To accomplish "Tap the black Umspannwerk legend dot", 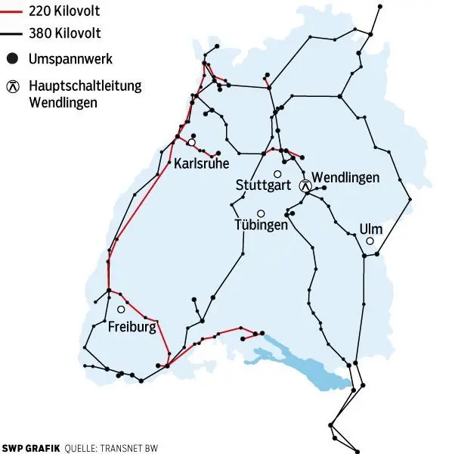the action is click(x=11, y=58).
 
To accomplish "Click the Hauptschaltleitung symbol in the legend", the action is click(x=11, y=86).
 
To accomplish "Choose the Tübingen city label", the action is click(x=262, y=225).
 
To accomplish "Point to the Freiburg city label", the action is click(x=132, y=327).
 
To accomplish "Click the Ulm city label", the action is click(x=371, y=229).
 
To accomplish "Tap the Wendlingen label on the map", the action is click(x=345, y=177).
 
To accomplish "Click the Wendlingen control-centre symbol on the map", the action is click(x=305, y=185).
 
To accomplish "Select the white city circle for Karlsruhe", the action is click(x=191, y=142).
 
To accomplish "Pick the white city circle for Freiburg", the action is click(x=121, y=309).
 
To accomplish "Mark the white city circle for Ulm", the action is click(x=370, y=241).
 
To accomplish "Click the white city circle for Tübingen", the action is click(x=261, y=213).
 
